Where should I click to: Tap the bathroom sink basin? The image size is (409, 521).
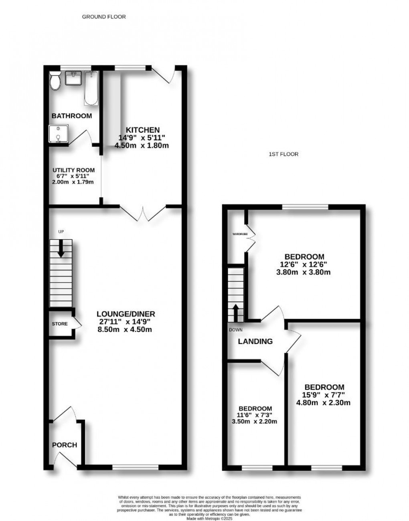point(74,79)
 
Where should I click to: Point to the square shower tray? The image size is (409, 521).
point(58,134)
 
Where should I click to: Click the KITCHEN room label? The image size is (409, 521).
point(143,130)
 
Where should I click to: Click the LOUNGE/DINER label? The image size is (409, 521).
point(126,314)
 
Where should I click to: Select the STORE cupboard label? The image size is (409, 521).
point(60,324)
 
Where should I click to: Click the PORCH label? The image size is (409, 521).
point(65,445)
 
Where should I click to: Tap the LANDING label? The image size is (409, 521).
point(255,341)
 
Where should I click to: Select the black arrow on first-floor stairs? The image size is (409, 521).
point(235,312)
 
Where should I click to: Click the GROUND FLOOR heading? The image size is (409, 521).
point(104,17)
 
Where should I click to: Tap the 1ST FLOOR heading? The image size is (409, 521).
point(283,154)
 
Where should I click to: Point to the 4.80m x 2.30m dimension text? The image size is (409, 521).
point(323,403)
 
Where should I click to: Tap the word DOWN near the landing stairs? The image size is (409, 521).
point(236,330)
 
